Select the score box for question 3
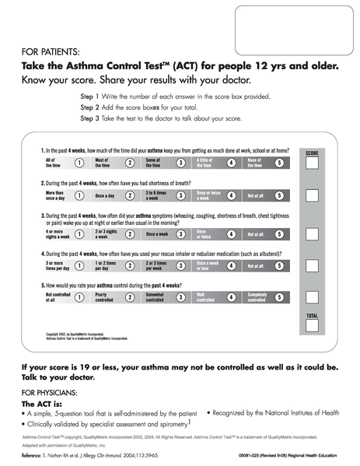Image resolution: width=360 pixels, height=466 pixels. pyautogui.click(x=312, y=233)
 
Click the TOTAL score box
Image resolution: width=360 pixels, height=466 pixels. pyautogui.click(x=312, y=330)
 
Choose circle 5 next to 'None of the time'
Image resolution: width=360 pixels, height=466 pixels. pyautogui.click(x=279, y=163)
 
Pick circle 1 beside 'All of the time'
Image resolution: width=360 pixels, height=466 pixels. pyautogui.click(x=79, y=163)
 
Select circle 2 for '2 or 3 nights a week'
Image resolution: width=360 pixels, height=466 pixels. pyautogui.click(x=130, y=233)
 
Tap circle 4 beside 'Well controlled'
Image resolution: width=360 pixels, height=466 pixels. pyautogui.click(x=231, y=297)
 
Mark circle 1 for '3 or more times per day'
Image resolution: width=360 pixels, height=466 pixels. pyautogui.click(x=79, y=265)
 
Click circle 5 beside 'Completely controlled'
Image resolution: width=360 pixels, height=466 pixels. pyautogui.click(x=279, y=297)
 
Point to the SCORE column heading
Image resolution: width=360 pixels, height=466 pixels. pyautogui.click(x=312, y=152)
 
